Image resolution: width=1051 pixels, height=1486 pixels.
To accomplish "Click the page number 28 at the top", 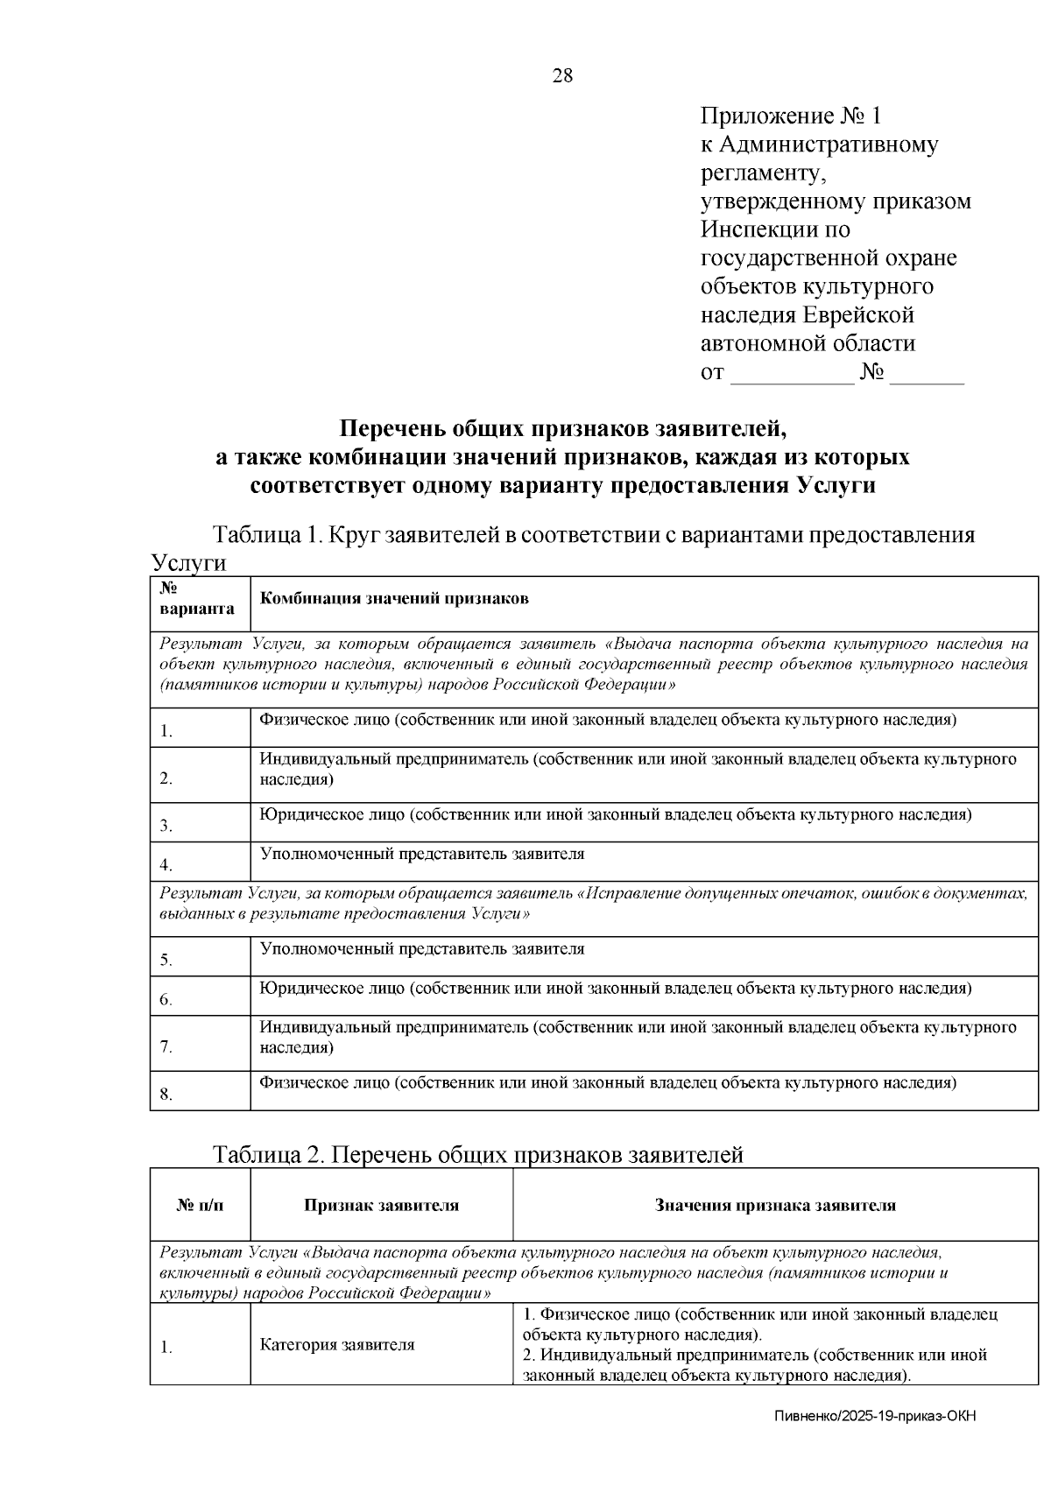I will pos(562,76).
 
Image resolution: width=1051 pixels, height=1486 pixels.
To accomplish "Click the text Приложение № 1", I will pos(790,116).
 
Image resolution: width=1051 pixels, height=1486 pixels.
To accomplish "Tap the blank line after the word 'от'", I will pos(792,374).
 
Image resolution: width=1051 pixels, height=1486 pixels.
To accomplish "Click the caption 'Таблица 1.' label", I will pos(267,535).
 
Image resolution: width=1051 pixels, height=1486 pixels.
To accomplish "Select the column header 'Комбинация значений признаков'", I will pos(394,599).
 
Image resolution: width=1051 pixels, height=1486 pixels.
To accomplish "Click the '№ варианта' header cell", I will pos(198,600).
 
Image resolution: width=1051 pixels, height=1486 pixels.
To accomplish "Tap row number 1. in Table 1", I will pos(166,731).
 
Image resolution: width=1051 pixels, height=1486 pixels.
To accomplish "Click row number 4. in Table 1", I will pos(166,866).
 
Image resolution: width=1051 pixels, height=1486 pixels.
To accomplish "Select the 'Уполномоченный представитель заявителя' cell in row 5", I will pos(422,949).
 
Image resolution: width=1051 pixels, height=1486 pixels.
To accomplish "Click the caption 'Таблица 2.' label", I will pos(269,1155).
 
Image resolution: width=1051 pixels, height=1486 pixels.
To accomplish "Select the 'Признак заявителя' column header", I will pos(381,1206).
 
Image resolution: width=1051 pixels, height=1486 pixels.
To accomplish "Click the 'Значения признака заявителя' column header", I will pos(775,1206).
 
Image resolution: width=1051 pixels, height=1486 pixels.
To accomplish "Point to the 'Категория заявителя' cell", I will pos(337,1345).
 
